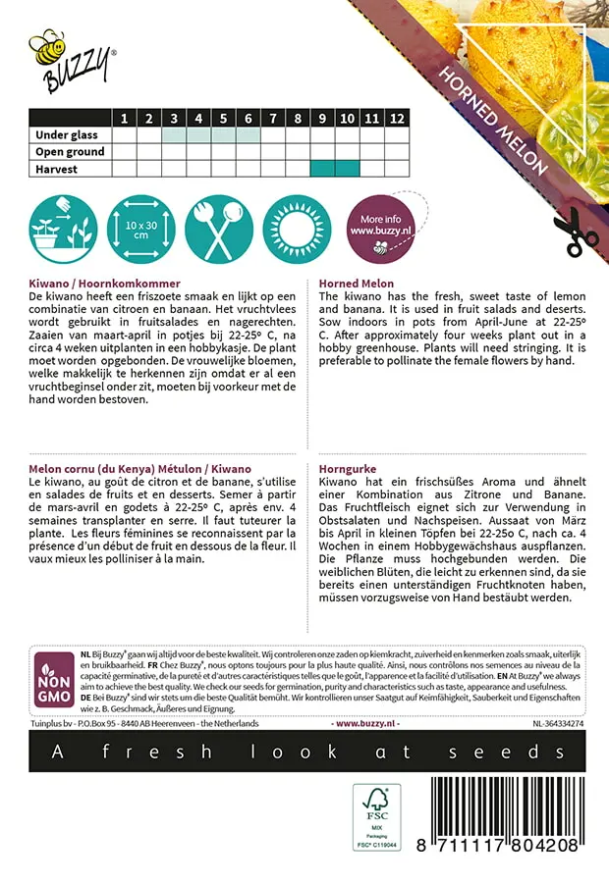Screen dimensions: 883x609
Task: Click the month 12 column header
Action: pyautogui.click(x=396, y=119)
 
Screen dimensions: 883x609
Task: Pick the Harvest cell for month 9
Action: pyautogui.click(x=322, y=169)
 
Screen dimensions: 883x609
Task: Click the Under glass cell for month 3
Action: pyautogui.click(x=174, y=135)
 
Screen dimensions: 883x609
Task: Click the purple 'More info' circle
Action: pyautogui.click(x=380, y=230)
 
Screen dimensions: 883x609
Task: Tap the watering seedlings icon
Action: pyautogui.click(x=60, y=230)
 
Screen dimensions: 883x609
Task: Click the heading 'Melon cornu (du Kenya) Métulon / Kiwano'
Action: pyautogui.click(x=140, y=470)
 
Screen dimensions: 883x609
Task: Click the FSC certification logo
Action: pyautogui.click(x=377, y=818)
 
